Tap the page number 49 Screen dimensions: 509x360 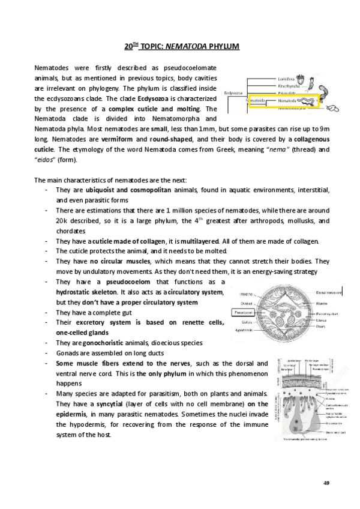326,484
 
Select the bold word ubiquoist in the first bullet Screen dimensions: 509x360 103,190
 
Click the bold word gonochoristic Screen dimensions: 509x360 101,343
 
